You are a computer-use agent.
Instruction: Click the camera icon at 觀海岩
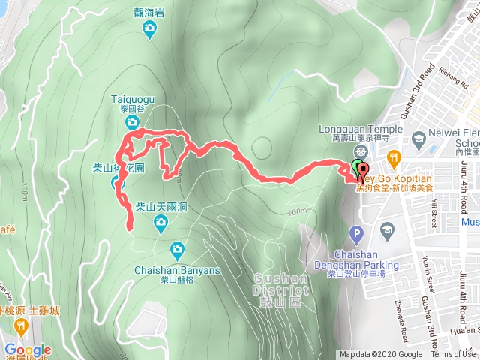point(149,29)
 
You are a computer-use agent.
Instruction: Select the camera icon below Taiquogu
point(132,122)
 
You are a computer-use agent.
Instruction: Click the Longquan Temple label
point(356,128)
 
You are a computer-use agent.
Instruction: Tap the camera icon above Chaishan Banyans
point(177,249)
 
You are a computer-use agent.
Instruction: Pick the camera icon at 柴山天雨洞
point(160,221)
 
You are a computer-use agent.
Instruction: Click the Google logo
point(28,350)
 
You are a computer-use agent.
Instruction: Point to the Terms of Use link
point(453,355)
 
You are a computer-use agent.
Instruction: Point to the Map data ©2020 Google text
point(380,355)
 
